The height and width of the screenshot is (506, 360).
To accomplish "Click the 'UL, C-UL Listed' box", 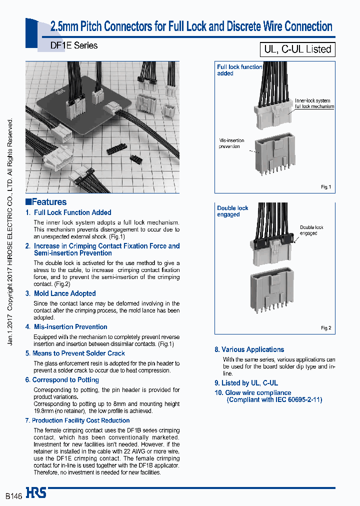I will (x=297, y=49).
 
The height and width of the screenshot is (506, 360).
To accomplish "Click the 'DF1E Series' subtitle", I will (x=74, y=45).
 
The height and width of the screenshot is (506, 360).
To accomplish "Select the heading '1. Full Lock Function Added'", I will (x=68, y=212).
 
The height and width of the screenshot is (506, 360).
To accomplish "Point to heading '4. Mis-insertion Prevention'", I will (x=66, y=327).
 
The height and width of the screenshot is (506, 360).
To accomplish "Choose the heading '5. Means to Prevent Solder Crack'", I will (x=75, y=353).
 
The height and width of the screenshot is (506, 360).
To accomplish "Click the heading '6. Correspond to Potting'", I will (x=62, y=380).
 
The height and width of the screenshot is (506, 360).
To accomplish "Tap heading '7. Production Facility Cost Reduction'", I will (x=77, y=420).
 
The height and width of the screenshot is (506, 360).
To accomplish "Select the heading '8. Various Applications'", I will (x=249, y=349).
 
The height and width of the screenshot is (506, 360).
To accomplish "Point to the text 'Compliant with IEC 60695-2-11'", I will (x=274, y=399).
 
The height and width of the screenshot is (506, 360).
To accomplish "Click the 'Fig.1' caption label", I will (x=325, y=187).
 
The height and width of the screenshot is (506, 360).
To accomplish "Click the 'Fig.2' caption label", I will (x=325, y=328).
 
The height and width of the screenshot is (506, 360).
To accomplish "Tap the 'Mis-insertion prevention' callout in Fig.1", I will (x=229, y=143).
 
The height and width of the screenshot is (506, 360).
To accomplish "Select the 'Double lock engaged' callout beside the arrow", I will (x=311, y=230).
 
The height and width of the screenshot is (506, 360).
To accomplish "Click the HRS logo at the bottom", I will (x=36, y=493).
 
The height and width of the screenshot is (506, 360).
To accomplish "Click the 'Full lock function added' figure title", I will (x=239, y=70).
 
